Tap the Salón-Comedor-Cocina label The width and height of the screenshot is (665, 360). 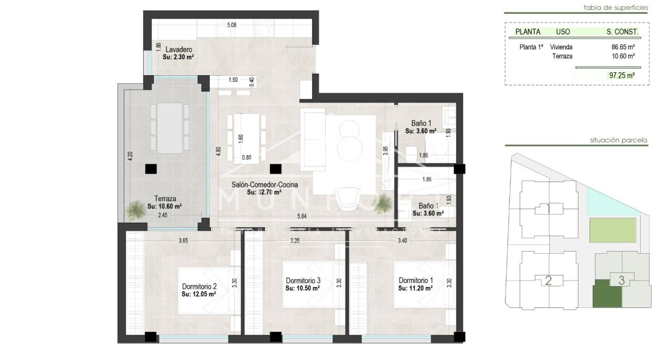(x=264, y=184)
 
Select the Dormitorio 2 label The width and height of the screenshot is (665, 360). (x=199, y=287)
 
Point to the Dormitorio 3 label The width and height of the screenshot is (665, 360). (x=303, y=281)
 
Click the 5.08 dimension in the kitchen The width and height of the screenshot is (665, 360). (x=231, y=24)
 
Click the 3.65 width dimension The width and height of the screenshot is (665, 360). (x=183, y=240)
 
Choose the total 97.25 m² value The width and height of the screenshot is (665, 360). (x=622, y=75)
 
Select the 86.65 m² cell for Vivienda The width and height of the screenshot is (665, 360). (x=623, y=47)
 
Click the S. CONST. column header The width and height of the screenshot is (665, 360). (x=623, y=32)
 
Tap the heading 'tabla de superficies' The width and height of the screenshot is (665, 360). (x=616, y=7)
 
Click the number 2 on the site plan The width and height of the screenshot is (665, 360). (x=548, y=281)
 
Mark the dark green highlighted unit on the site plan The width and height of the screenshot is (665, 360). (x=607, y=294)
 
